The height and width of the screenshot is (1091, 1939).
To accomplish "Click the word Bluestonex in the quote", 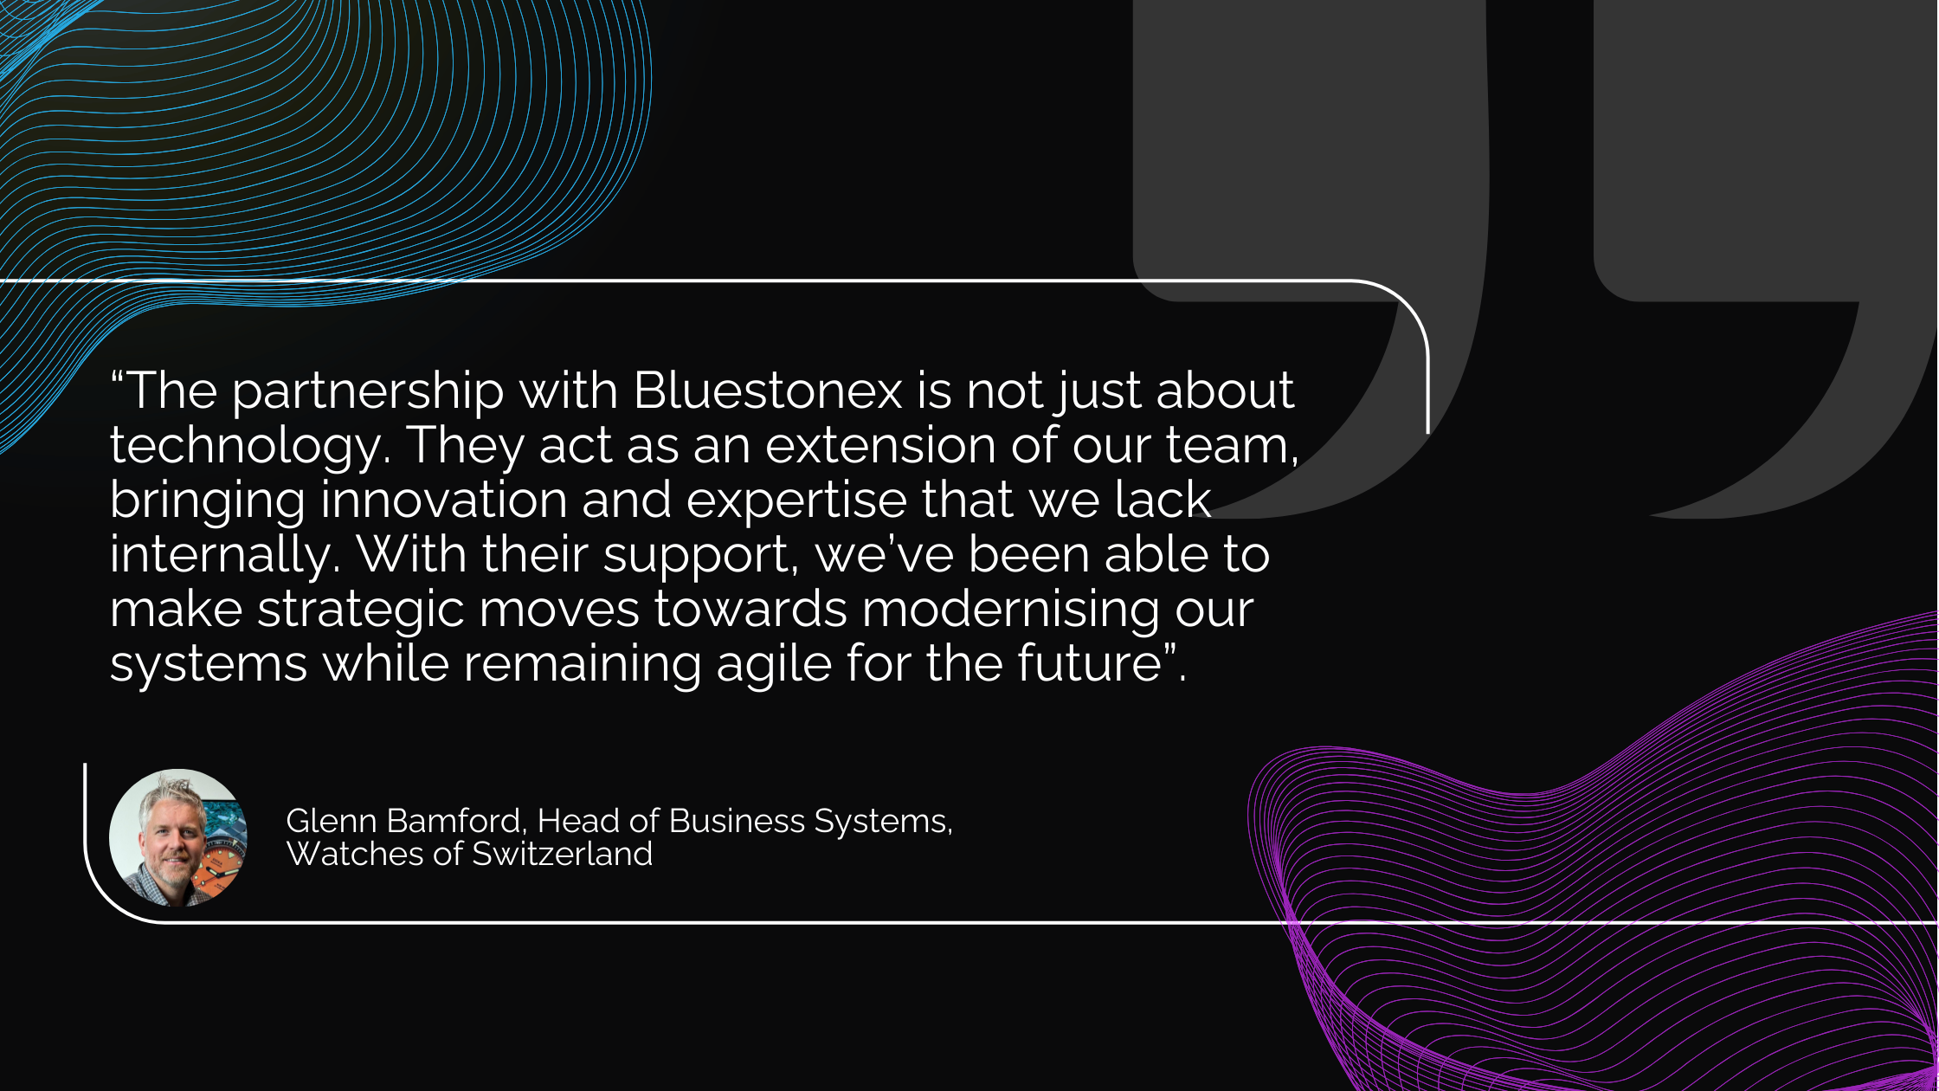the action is pyautogui.click(x=769, y=391).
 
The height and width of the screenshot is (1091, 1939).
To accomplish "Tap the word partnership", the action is pyautogui.click(x=368, y=395).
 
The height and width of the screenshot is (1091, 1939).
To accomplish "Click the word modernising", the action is pyautogui.click(x=1010, y=612).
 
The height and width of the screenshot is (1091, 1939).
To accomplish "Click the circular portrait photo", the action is pyautogui.click(x=178, y=838).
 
